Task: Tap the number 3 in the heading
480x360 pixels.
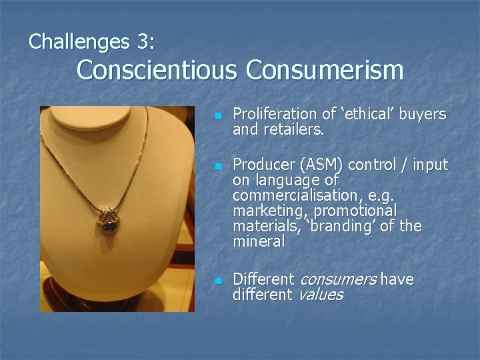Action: pos(144,42)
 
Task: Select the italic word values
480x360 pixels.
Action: pos(321,295)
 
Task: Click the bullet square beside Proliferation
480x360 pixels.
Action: pos(217,116)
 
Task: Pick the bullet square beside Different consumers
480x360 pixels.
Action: pos(217,281)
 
